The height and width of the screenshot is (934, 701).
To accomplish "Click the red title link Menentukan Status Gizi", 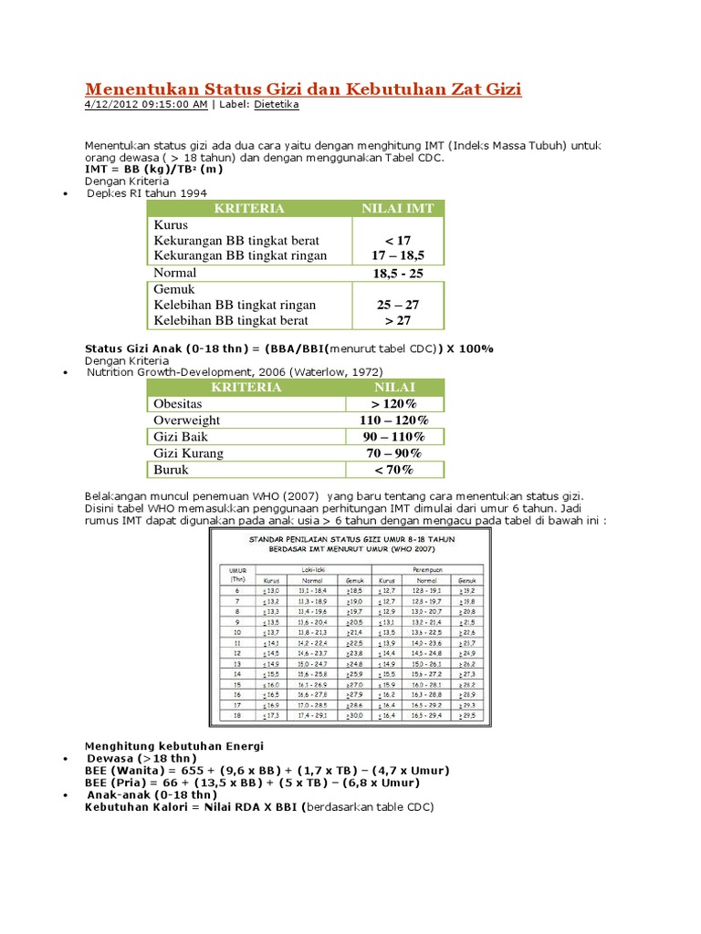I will [x=303, y=88].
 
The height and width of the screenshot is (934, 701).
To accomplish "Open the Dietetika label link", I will [x=276, y=105].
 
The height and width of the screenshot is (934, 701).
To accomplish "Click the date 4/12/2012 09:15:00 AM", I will [x=146, y=105].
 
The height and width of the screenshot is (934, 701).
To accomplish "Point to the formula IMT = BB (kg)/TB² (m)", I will [x=154, y=170].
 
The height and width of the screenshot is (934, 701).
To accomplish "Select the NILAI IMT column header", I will [x=398, y=209].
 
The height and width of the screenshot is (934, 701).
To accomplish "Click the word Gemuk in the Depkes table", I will [x=174, y=289].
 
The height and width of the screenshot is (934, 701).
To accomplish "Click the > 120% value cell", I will [x=394, y=404].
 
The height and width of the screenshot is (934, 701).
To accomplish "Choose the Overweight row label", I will [x=186, y=420].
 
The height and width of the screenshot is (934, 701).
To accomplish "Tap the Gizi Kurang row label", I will [x=188, y=453].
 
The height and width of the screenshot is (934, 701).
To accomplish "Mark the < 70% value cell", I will [x=394, y=470].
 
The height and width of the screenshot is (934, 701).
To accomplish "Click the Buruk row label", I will [x=172, y=470].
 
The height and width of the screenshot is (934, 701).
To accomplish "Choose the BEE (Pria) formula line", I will [x=252, y=783].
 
